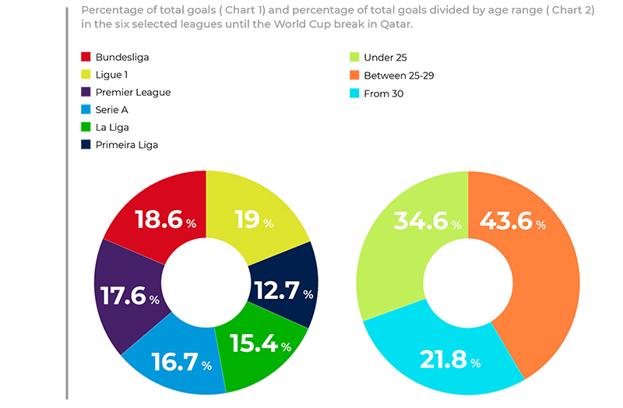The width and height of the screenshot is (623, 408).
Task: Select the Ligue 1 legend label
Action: click(114, 75)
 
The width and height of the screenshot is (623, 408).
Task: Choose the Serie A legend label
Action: click(112, 110)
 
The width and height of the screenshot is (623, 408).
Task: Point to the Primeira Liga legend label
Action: click(132, 144)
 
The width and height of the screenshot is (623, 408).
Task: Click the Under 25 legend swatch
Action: click(354, 58)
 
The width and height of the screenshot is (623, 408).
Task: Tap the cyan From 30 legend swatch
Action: click(354, 93)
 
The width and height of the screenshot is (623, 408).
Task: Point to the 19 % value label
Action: click(254, 220)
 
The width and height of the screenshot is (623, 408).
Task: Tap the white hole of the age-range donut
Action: click(468, 282)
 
